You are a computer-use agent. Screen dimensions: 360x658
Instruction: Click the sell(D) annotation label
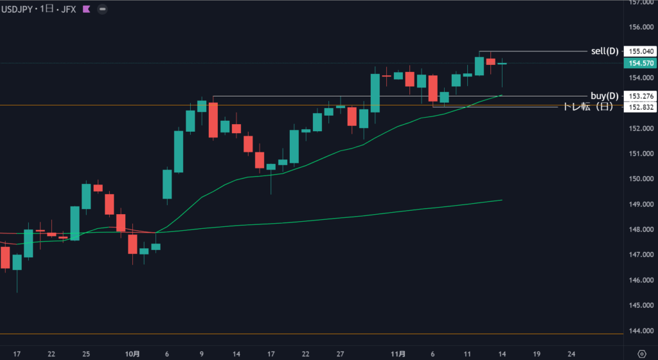[x=604, y=51]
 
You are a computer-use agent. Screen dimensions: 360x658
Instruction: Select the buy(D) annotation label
[x=604, y=96]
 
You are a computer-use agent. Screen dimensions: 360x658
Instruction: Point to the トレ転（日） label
[x=587, y=107]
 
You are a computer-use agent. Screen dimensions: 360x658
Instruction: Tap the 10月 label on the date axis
[x=132, y=354]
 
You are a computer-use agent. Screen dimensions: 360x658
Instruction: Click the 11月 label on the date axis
[x=398, y=354]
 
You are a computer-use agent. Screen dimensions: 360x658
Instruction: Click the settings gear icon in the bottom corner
[x=641, y=354]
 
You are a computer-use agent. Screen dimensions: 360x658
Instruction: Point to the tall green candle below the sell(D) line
[x=479, y=66]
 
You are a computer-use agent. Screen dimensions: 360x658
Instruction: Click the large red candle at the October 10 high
[x=213, y=120]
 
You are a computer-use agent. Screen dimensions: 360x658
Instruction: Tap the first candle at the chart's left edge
[x=5, y=257]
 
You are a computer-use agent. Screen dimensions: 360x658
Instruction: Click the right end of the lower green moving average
[x=501, y=200]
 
